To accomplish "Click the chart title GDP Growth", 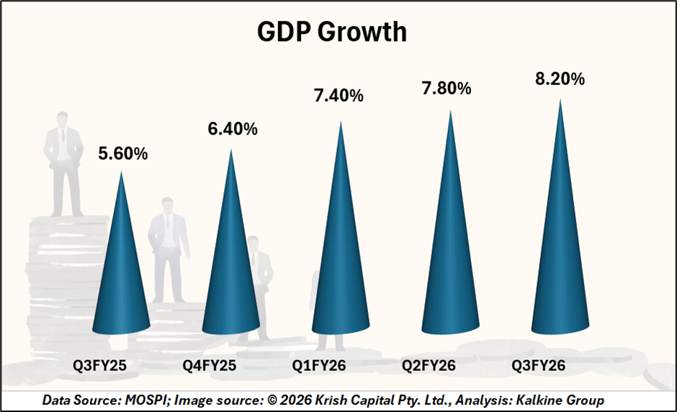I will tap(332, 33).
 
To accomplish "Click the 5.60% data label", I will tap(122, 153).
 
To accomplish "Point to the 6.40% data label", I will tap(232, 130).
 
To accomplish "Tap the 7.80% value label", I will tap(446, 89).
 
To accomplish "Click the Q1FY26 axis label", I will tap(319, 366).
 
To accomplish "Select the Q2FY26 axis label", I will tap(429, 366).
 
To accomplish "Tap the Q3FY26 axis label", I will tap(538, 366).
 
